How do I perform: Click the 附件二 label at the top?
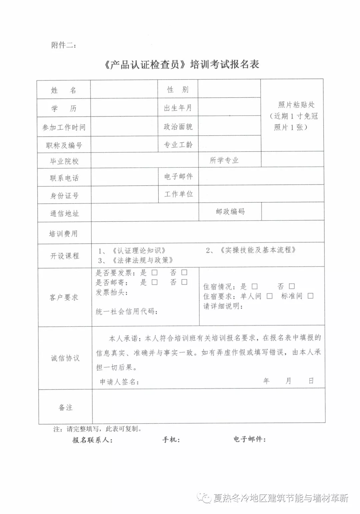point(64,45)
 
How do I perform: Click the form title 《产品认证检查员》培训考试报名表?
point(182,64)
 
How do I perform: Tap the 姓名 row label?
point(64,90)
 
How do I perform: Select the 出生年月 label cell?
point(178,108)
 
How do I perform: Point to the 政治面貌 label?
point(178,127)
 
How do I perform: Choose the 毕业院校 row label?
point(64,161)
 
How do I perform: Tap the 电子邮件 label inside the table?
point(178,176)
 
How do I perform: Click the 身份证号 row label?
point(64,196)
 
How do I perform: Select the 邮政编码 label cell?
point(230,211)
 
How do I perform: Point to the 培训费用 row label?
point(63,233)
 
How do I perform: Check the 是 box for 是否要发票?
point(154,273)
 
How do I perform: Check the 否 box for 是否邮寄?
point(184,282)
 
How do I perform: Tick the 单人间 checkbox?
point(269,296)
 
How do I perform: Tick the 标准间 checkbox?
point(310,296)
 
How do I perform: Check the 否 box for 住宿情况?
point(292,286)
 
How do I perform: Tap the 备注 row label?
point(65,407)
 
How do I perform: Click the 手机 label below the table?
point(171,440)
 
